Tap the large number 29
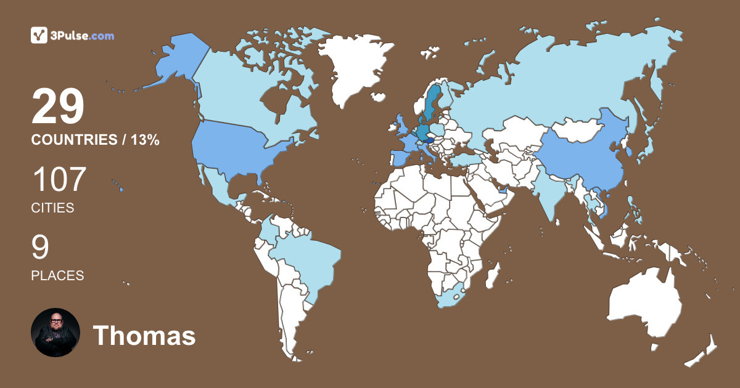click(58, 107)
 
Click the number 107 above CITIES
click(59, 180)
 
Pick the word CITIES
click(52, 208)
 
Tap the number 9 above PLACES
click(40, 248)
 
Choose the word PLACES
click(57, 275)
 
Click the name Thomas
click(144, 336)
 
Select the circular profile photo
click(55, 333)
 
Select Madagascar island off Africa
click(493, 275)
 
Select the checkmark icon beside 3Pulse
click(39, 36)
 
